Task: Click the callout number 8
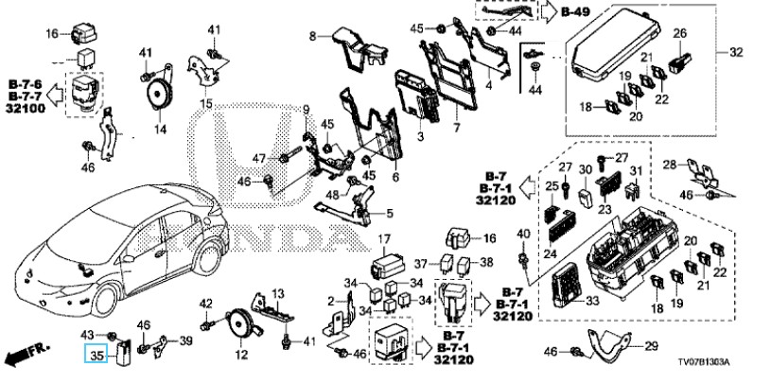click(311, 36)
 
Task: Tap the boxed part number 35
click(94, 356)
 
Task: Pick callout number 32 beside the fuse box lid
click(736, 53)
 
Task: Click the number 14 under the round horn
click(159, 129)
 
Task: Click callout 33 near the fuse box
click(592, 302)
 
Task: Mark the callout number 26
click(678, 34)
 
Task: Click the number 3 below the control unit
click(417, 138)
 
